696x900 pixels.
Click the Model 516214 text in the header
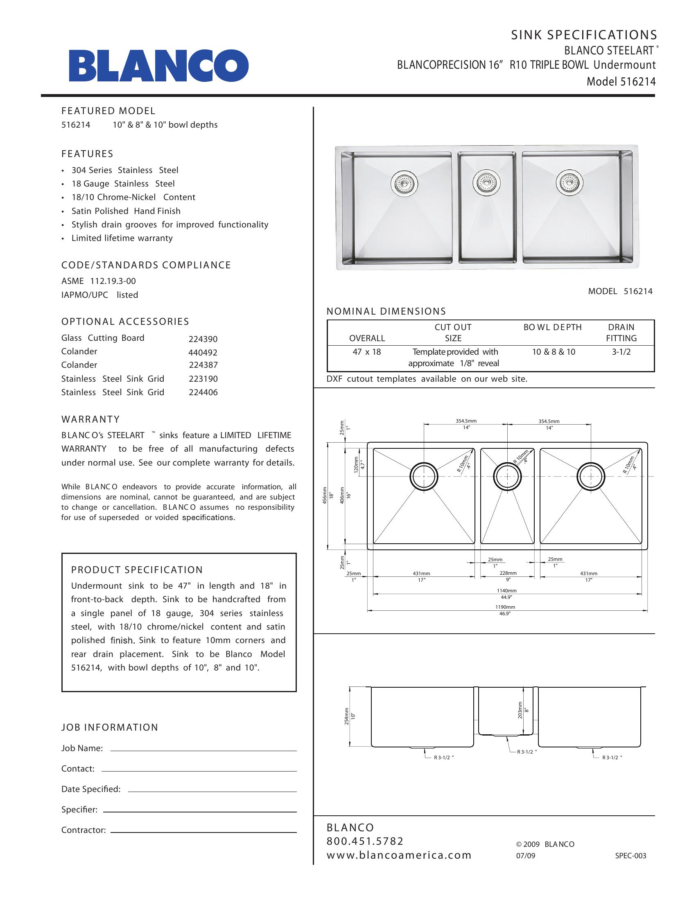(621, 81)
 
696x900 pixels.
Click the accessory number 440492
(203, 353)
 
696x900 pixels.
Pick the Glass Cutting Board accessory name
(103, 338)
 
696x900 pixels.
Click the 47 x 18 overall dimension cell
(366, 352)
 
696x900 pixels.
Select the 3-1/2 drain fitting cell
(621, 352)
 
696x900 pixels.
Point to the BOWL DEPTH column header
(553, 327)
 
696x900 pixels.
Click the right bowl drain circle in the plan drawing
(591, 476)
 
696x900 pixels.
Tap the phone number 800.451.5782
(365, 841)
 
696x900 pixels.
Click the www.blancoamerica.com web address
(399, 855)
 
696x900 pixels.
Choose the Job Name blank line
(204, 751)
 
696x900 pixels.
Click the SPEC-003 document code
(630, 856)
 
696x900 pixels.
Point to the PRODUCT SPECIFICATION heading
(137, 570)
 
